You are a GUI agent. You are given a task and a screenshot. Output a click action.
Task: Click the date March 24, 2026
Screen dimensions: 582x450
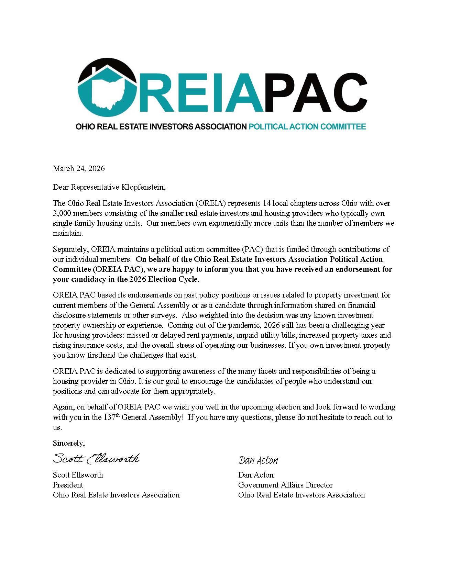pos(79,168)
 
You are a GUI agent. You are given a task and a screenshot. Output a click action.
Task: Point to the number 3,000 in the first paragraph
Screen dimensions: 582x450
pos(63,213)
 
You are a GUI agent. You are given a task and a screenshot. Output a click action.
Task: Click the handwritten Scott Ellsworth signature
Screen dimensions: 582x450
pos(96,458)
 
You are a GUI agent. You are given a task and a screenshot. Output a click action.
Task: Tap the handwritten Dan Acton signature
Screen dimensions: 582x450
pos(258,460)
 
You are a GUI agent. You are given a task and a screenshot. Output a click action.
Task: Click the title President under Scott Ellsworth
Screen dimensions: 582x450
pos(68,485)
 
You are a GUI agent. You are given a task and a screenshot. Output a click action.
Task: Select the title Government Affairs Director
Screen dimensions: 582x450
pos(285,485)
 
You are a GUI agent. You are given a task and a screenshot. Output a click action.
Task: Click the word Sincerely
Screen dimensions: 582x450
pos(68,443)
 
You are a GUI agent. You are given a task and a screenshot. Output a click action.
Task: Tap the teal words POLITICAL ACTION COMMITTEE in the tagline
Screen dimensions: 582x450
pos(307,126)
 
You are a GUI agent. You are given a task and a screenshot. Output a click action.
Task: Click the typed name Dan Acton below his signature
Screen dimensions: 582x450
pos(256,475)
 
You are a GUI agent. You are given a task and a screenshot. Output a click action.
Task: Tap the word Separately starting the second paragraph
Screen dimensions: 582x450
pos(71,249)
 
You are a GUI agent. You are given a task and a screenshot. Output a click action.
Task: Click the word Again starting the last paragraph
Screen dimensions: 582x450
pos(63,407)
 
